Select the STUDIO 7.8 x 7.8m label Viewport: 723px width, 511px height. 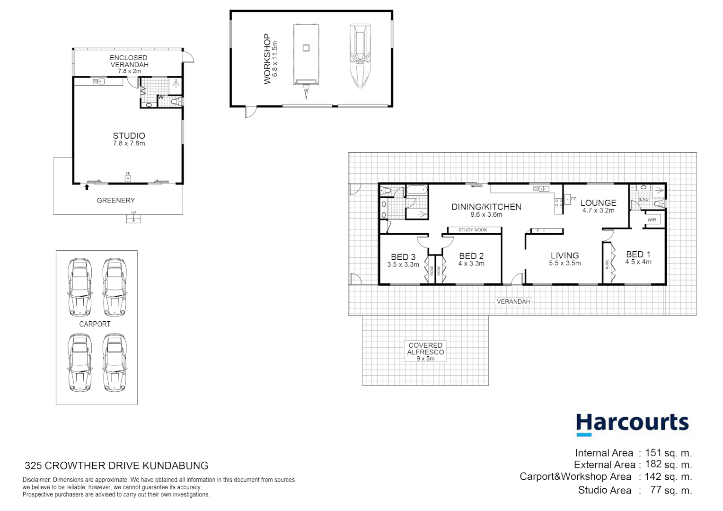click(x=129, y=139)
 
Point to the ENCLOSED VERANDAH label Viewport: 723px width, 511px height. click(x=129, y=64)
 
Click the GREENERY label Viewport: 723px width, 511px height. click(x=116, y=201)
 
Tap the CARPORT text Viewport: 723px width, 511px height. click(x=95, y=324)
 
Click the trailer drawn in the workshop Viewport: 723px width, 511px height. click(x=306, y=57)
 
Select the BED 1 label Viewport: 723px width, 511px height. click(x=638, y=258)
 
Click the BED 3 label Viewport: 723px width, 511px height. click(x=403, y=260)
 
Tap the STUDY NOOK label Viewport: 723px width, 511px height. click(x=473, y=230)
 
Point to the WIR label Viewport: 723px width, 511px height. click(x=652, y=220)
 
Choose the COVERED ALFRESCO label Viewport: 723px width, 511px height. click(x=425, y=352)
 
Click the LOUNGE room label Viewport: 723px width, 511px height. click(x=598, y=206)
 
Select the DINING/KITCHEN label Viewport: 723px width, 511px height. click(x=486, y=210)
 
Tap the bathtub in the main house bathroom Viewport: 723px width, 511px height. click(x=417, y=191)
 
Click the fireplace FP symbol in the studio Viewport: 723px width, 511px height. click(x=128, y=177)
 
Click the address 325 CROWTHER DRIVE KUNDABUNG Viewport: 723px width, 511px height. click(x=116, y=466)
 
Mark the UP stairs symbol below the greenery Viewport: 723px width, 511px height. click(x=133, y=218)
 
